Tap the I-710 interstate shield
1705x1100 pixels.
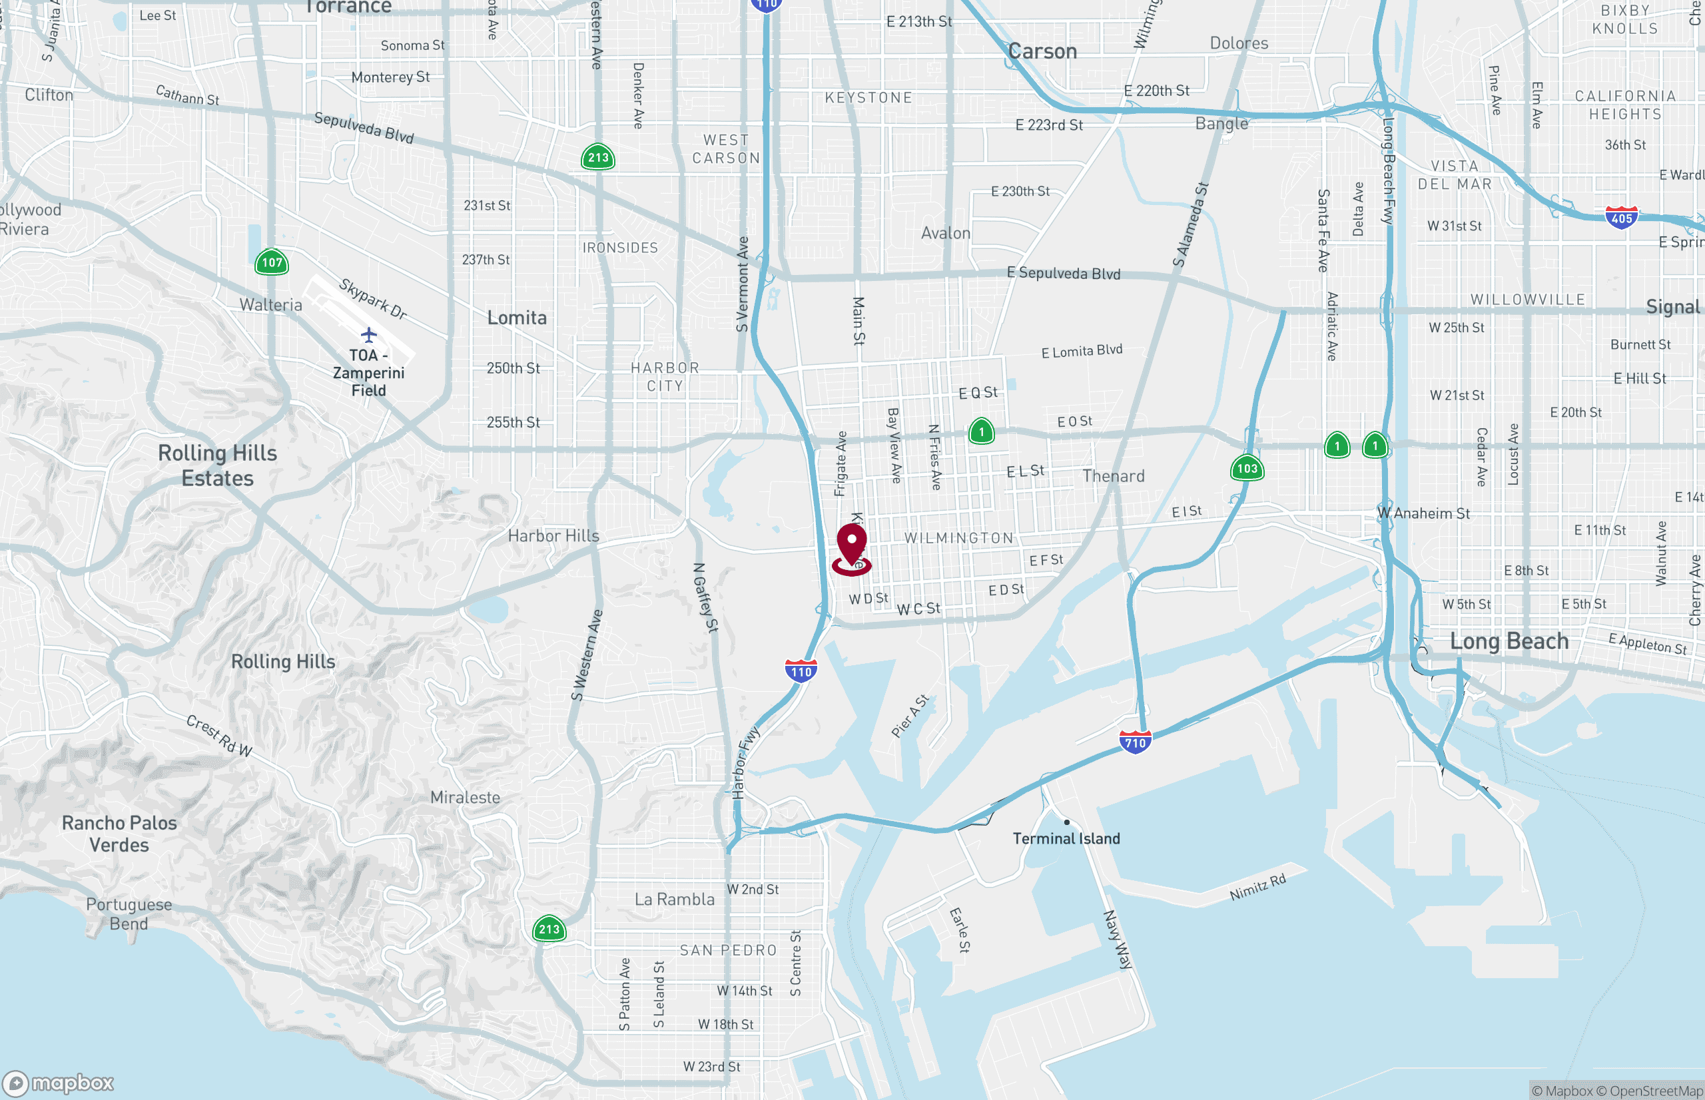tap(1135, 742)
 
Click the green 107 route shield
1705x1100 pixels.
tap(272, 262)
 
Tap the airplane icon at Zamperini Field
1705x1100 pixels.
tap(368, 334)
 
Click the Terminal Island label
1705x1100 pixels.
tap(1066, 838)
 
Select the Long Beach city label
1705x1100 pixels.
tap(1509, 641)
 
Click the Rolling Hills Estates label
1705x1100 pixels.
tap(217, 465)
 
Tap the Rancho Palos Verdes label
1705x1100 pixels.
tap(119, 834)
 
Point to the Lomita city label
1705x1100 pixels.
tap(516, 318)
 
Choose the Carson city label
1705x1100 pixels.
tap(1042, 51)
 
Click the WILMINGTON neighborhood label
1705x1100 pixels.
tap(958, 538)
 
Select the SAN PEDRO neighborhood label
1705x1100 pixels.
tap(728, 950)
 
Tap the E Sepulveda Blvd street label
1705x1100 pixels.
tap(1063, 273)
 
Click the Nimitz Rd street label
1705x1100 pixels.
tap(1257, 886)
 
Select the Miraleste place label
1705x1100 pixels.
tap(465, 797)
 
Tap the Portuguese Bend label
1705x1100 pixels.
tap(129, 914)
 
